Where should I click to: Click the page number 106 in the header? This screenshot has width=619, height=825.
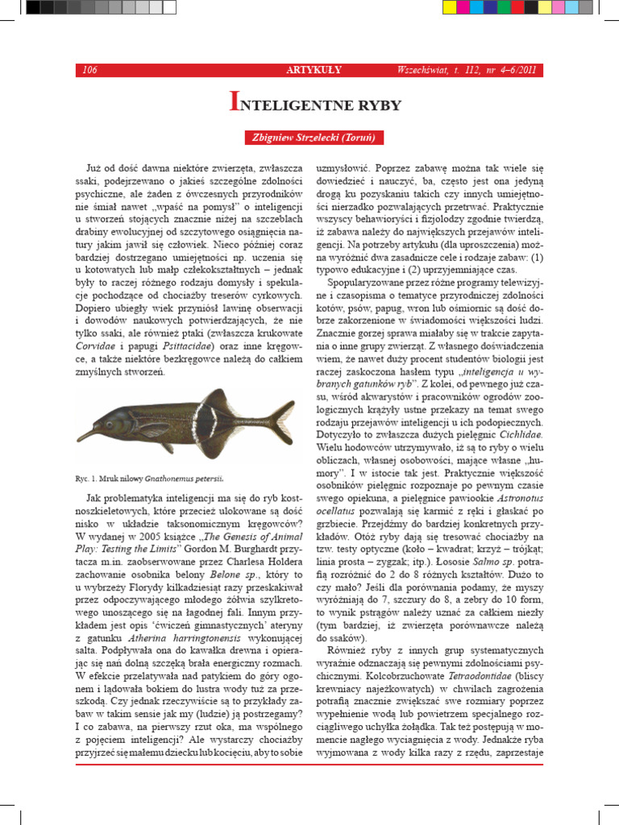(x=89, y=70)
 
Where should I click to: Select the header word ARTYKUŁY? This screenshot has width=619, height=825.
(x=309, y=70)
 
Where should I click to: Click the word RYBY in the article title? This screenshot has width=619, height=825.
(x=373, y=104)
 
